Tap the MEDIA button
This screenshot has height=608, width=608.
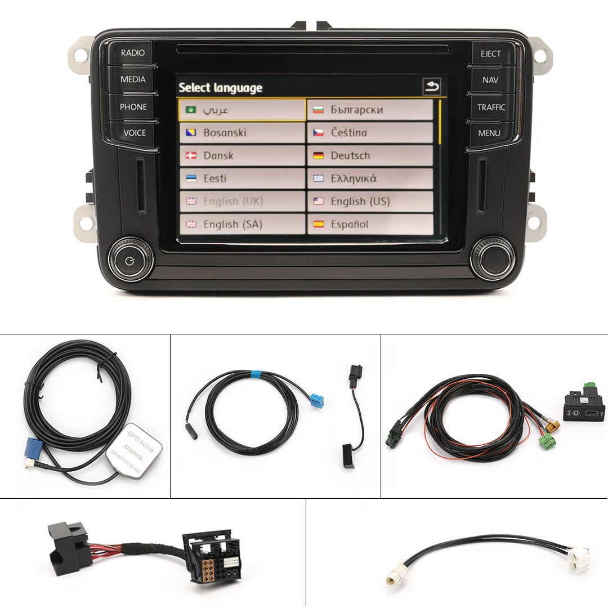133,79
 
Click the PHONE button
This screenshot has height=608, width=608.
133,106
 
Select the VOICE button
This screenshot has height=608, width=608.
134,133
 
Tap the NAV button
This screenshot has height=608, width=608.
490,80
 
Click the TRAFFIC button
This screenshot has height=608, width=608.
491,107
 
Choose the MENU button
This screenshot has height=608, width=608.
489,133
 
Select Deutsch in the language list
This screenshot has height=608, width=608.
370,155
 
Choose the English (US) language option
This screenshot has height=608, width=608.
370,201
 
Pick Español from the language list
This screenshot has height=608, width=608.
370,224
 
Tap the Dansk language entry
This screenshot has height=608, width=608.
243,155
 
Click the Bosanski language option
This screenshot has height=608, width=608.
243,133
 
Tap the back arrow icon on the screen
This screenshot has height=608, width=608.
432,87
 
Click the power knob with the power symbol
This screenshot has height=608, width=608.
131,260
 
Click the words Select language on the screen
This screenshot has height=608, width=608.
220,88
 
